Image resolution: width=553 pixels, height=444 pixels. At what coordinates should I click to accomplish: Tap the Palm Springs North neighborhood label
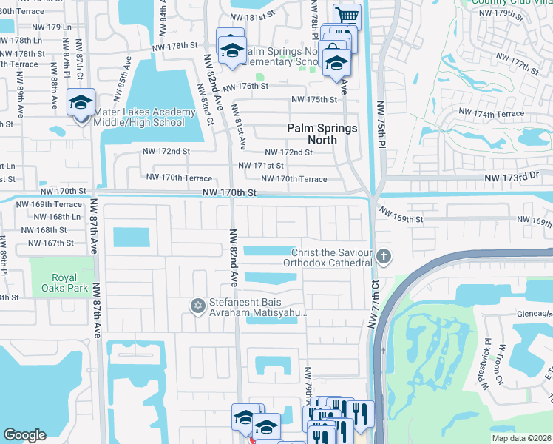322,134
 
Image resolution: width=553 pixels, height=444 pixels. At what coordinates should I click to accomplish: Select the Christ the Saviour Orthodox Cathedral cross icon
383,257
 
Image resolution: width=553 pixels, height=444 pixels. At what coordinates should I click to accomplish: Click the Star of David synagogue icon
197,305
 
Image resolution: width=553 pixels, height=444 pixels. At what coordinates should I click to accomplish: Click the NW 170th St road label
229,192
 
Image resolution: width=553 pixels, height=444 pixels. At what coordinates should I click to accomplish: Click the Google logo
24,435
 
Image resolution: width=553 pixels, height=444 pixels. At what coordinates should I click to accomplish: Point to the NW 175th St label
314,99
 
